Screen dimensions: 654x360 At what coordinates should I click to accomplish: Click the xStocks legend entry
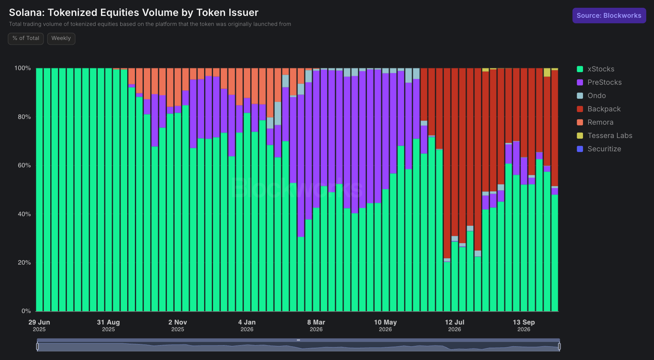(x=596, y=69)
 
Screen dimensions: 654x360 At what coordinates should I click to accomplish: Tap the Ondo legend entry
(x=591, y=96)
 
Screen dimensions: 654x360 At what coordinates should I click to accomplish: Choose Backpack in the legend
(x=599, y=109)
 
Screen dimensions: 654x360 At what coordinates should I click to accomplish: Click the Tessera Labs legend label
(x=610, y=136)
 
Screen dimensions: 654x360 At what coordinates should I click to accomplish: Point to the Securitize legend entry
(x=599, y=149)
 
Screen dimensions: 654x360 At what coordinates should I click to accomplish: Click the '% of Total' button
(x=26, y=38)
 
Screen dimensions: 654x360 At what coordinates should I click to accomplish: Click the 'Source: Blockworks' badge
(x=609, y=16)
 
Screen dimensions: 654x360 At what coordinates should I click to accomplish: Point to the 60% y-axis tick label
(x=24, y=165)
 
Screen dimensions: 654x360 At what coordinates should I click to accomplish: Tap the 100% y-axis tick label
(x=23, y=68)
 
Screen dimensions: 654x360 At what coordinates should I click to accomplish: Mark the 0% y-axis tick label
(x=26, y=311)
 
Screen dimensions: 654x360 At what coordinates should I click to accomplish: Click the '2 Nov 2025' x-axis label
(x=178, y=326)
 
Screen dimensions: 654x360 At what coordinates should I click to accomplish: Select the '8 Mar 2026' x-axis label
(x=316, y=326)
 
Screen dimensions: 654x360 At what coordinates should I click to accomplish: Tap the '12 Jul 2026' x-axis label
(x=455, y=326)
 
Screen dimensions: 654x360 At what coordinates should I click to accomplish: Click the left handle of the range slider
(x=37, y=346)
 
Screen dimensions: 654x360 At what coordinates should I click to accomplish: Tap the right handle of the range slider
(x=559, y=346)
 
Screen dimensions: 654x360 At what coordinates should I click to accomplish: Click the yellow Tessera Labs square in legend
(x=580, y=136)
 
